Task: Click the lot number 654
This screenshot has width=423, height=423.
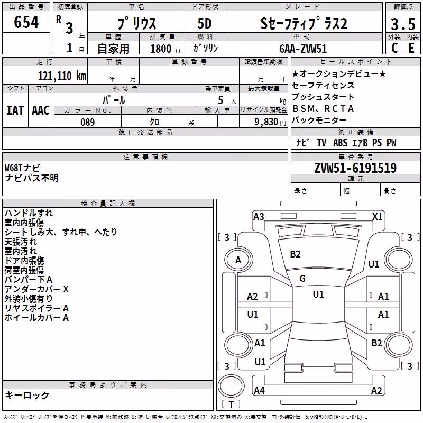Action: tap(26, 22)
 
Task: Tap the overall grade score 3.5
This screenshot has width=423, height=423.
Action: tap(403, 24)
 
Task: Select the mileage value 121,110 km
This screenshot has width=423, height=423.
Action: tap(62, 76)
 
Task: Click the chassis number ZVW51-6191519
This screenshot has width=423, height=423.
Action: tap(355, 168)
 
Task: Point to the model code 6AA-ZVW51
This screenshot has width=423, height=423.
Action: tap(303, 49)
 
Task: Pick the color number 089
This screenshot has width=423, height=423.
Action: tap(88, 122)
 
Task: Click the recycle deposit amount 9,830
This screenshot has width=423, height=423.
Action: tap(266, 122)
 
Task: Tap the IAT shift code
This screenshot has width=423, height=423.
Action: tap(15, 111)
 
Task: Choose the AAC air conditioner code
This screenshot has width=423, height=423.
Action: tap(41, 111)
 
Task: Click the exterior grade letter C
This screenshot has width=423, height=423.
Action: tap(394, 48)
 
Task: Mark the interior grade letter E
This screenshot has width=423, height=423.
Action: tap(411, 48)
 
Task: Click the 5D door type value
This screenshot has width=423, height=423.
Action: tap(205, 24)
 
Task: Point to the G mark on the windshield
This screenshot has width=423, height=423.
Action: tap(302, 279)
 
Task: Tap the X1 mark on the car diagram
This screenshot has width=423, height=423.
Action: tap(377, 217)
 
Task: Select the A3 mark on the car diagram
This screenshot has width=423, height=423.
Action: tap(259, 217)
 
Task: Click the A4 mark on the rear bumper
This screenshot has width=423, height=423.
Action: tap(259, 390)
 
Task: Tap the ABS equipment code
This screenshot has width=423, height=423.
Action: tap(340, 142)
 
